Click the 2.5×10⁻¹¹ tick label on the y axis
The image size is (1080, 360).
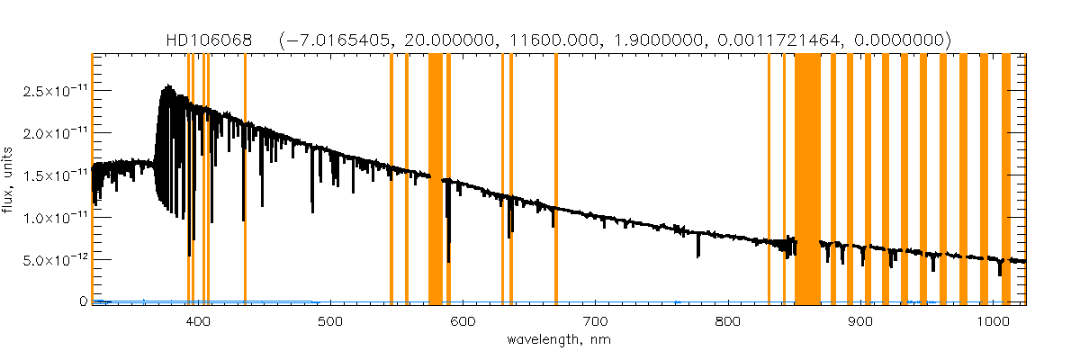[x=50, y=92]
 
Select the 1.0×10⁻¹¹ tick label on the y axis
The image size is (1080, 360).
[x=50, y=218]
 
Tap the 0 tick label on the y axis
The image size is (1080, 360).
[x=84, y=301]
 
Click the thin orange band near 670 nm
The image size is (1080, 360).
[x=556, y=180]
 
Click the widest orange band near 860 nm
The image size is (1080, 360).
[x=807, y=180]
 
